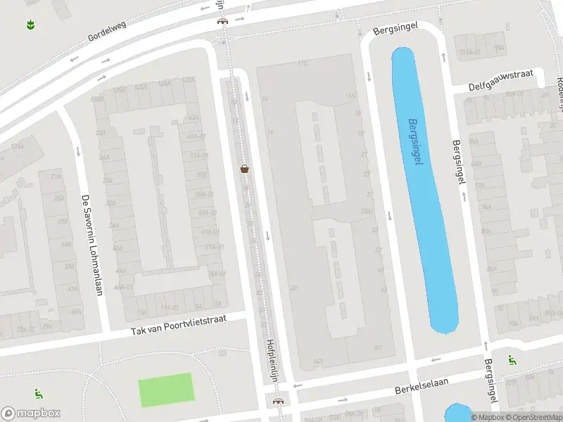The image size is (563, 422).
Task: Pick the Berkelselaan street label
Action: (422, 388)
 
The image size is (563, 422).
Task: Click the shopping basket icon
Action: (245, 169)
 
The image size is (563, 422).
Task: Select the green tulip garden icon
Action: (30, 25)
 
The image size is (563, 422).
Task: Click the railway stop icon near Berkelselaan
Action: (279, 401)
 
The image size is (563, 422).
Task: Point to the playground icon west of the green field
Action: (37, 394)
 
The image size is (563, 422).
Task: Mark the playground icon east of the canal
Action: (512, 360)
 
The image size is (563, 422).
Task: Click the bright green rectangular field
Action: (165, 390)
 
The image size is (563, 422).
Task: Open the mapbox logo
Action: (31, 414)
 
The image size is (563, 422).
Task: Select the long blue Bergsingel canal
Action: (424, 190)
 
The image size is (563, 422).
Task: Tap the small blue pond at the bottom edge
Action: (457, 413)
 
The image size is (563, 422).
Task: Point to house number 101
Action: (378, 347)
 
